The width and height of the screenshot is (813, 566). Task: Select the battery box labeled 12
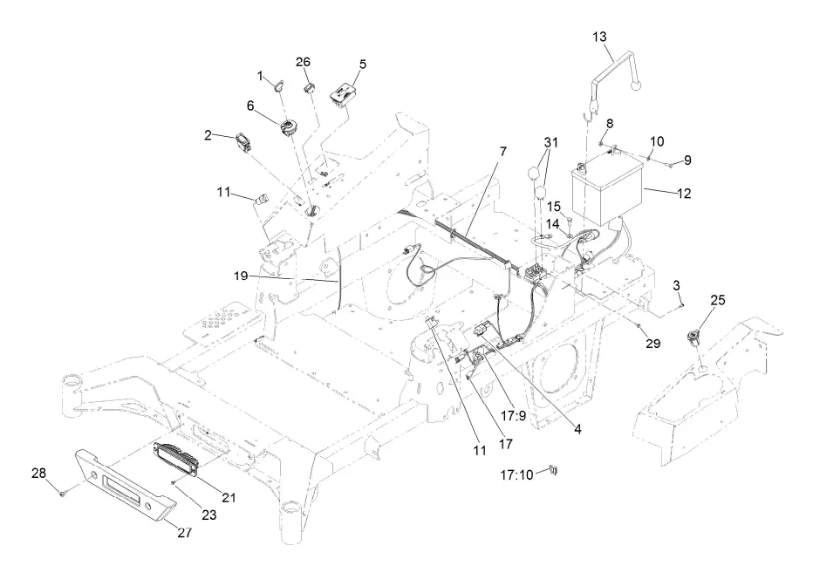point(606,189)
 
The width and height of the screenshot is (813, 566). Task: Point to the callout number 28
point(39,473)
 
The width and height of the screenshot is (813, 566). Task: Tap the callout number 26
point(303,62)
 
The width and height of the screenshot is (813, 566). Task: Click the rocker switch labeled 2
point(244,140)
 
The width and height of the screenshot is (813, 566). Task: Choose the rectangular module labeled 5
point(340,93)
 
